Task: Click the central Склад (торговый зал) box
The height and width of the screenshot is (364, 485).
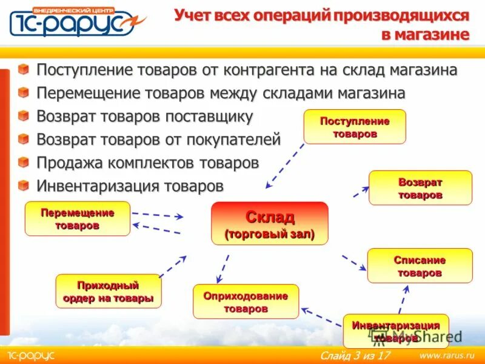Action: (269, 223)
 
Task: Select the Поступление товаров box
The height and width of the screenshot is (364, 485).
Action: (355, 127)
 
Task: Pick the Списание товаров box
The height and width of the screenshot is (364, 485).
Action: (420, 266)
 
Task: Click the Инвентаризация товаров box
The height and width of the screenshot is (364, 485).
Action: (396, 331)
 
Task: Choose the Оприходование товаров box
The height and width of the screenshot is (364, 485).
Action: (246, 302)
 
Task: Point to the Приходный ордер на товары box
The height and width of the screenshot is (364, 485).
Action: (108, 291)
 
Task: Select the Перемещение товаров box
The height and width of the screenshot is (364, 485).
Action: (77, 218)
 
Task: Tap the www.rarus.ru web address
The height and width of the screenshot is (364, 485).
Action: (447, 354)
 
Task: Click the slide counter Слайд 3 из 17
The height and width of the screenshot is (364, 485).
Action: (355, 354)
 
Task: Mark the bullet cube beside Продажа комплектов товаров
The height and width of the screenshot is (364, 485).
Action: (23, 162)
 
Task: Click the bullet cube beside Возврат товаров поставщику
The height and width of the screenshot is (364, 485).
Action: (23, 115)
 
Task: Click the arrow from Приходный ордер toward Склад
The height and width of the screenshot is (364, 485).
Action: (173, 266)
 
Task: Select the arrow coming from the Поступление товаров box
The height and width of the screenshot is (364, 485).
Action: (285, 166)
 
